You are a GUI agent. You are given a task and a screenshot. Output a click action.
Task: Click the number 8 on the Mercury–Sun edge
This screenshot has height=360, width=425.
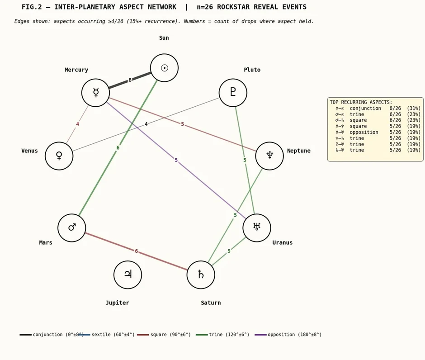click(130, 80)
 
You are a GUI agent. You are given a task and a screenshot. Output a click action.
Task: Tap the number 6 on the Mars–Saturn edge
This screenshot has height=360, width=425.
click(137, 251)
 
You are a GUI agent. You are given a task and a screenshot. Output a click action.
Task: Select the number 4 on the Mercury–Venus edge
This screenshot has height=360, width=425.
click(77, 124)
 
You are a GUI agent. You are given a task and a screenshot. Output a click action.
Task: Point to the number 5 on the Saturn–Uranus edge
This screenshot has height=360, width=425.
click(229, 251)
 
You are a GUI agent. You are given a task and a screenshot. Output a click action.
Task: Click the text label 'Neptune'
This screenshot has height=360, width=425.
click(299, 151)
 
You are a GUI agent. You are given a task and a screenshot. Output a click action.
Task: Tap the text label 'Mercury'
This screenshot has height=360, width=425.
click(76, 70)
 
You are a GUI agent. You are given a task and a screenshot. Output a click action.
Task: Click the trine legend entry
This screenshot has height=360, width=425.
click(222, 335)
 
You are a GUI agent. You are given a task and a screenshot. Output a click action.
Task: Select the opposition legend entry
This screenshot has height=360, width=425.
click(288, 335)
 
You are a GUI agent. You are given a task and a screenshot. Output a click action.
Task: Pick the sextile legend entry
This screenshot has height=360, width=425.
click(107, 335)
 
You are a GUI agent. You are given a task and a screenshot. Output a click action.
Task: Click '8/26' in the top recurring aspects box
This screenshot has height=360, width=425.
click(395, 109)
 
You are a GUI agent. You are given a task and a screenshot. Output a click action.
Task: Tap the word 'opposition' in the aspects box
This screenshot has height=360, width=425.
click(364, 133)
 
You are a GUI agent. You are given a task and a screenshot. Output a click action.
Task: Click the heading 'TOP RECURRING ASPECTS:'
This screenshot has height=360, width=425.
click(361, 102)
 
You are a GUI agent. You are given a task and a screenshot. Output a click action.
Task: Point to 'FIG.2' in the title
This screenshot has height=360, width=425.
click(32, 7)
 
